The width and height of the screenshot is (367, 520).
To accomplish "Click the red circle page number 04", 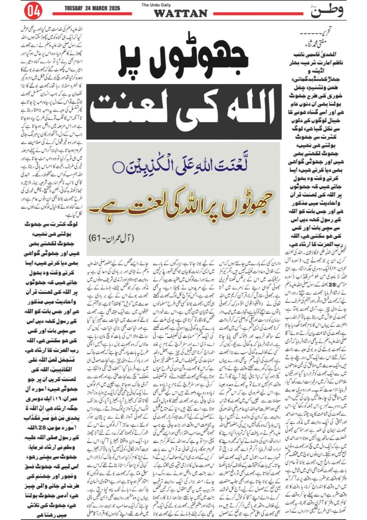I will coord(33,12).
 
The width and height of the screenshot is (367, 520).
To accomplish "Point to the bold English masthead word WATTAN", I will coord(181,14).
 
